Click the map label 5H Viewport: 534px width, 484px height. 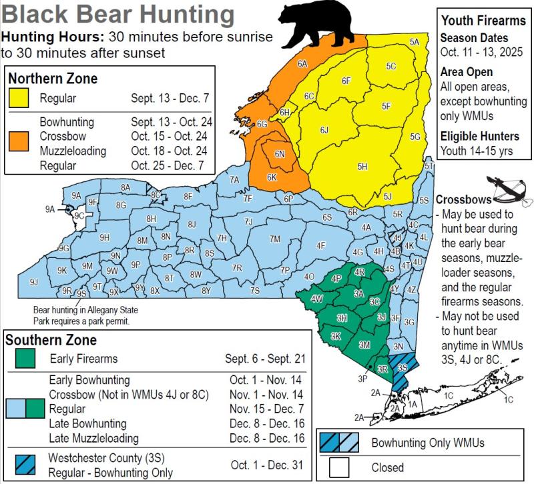click(x=362, y=167)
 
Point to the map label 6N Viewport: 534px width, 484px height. click(x=280, y=154)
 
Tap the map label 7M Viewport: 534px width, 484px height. click(x=274, y=239)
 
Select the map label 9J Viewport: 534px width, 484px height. click(x=33, y=282)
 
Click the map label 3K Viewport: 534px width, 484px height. click(x=336, y=336)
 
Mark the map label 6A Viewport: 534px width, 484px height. click(x=302, y=64)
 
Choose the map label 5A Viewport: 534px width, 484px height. click(x=415, y=42)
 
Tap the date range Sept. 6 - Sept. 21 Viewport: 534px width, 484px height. click(x=265, y=359)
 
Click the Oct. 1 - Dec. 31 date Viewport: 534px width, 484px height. click(x=267, y=465)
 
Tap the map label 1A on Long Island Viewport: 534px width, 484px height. click(x=413, y=404)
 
